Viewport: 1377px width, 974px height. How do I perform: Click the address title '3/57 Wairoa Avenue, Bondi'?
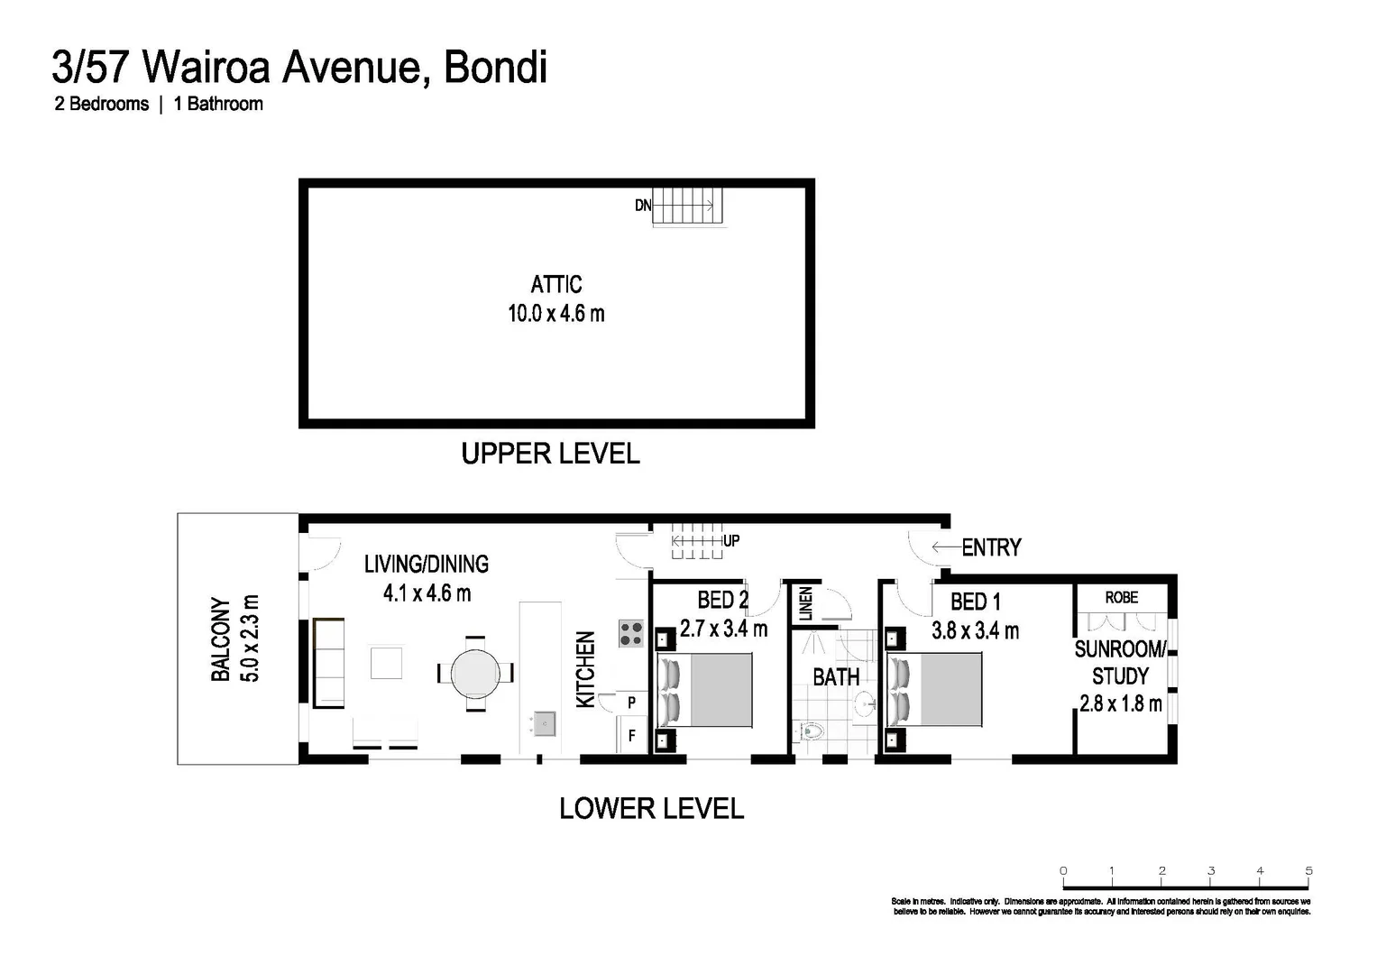299,68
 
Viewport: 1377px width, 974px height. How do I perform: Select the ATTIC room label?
555,285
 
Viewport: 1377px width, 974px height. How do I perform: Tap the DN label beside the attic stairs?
642,206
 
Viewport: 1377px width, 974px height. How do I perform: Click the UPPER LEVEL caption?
550,454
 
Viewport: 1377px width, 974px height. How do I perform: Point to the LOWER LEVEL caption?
651,809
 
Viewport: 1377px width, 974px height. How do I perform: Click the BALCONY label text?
220,639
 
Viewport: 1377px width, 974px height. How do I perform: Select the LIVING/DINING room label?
427,565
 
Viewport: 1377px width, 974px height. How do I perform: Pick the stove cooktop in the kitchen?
631,634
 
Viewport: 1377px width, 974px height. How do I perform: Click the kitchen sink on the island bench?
543,722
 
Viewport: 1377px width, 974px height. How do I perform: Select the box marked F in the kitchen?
631,736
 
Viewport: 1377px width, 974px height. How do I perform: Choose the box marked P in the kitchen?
631,703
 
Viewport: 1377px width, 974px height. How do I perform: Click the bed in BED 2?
706,690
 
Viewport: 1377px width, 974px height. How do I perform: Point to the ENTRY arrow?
945,547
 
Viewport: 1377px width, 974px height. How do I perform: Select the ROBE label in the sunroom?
1121,598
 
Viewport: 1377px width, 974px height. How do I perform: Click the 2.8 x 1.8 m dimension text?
1120,703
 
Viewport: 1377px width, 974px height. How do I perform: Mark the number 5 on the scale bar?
1308,870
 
